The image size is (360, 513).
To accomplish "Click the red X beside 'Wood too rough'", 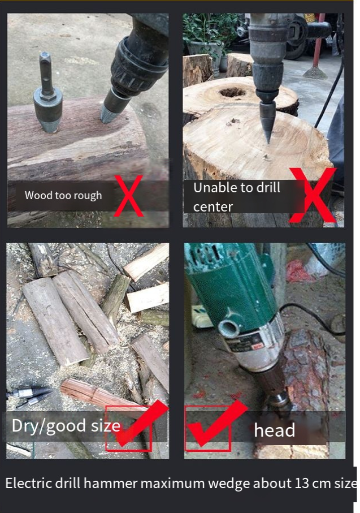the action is pos(128,196).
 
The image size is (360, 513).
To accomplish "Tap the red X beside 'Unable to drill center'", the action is pos(313,195).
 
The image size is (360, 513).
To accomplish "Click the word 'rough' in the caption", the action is pos(88,196).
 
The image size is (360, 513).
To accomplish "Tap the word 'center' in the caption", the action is pos(213,207).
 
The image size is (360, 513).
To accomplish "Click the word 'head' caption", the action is pos(275,430).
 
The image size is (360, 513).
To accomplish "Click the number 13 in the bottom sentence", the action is pos(302,483).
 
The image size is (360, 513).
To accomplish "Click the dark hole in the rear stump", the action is pos(232,93).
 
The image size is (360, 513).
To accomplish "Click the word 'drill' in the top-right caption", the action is pos(268,187).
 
